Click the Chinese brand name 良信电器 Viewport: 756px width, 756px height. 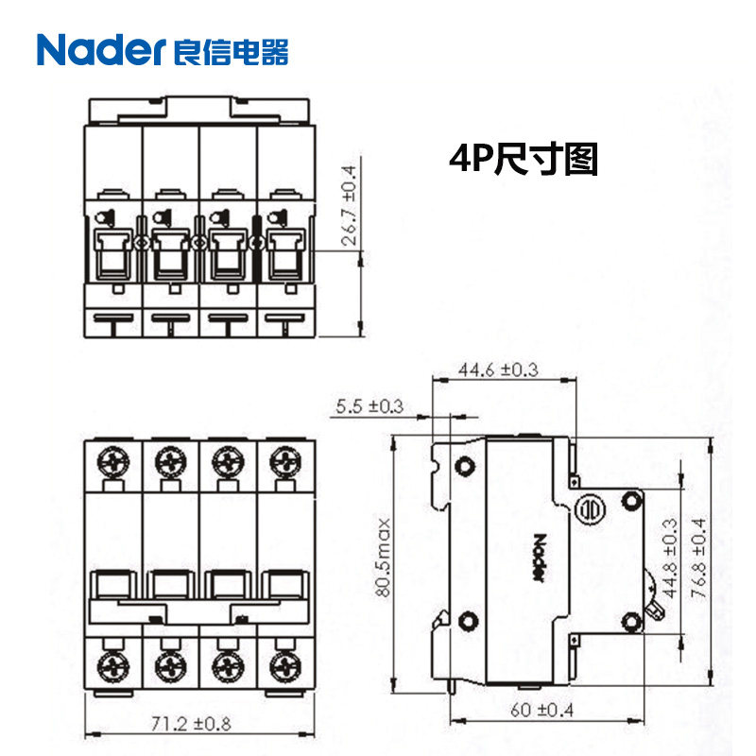click(x=232, y=50)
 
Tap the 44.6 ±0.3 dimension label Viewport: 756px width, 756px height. click(x=497, y=369)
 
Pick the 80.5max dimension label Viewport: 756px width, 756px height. click(x=380, y=555)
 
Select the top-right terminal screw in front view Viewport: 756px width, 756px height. click(x=283, y=461)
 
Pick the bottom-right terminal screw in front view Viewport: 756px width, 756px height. click(x=283, y=659)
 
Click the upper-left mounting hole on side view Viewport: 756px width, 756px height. click(x=465, y=466)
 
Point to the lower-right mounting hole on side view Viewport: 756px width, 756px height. click(x=630, y=621)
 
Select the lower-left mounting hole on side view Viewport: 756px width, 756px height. click(x=465, y=621)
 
